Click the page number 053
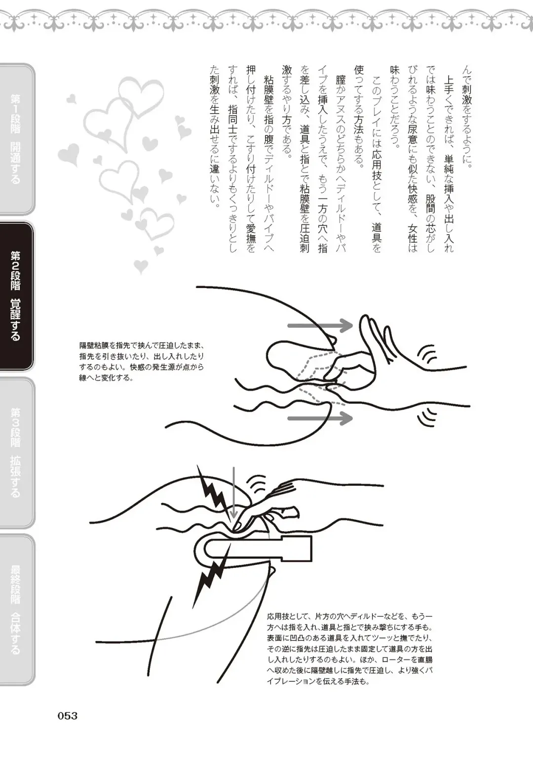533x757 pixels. click(x=68, y=715)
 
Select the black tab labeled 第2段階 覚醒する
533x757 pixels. click(x=17, y=295)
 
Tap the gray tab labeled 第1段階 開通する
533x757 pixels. click(x=16, y=139)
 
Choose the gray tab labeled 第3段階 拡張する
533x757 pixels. click(x=16, y=452)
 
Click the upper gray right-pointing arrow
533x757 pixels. click(x=320, y=326)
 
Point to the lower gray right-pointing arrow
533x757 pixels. click(x=320, y=419)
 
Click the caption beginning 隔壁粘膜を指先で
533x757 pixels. click(x=142, y=362)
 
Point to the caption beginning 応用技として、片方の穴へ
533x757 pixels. click(x=350, y=648)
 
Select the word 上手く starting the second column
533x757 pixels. click(x=449, y=86)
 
